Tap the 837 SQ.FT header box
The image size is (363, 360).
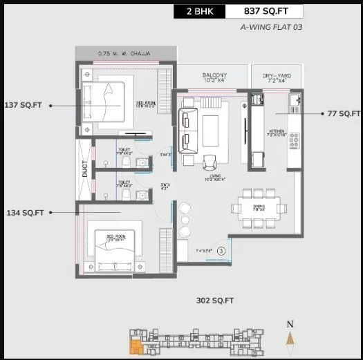[267, 11]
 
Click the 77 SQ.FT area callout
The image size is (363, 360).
[344, 113]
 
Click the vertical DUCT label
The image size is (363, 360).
[85, 169]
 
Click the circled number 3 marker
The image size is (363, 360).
[221, 251]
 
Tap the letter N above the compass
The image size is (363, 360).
[291, 323]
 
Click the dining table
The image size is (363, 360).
[259, 206]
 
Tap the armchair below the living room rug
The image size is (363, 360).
[210, 161]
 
